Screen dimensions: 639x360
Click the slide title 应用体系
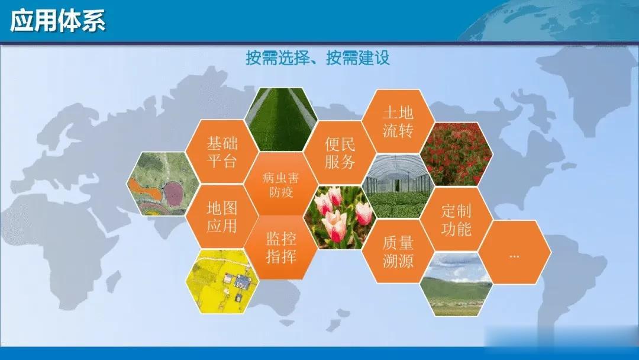(57, 21)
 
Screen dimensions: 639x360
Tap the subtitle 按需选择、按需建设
(318, 58)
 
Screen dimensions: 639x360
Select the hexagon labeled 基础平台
(222, 152)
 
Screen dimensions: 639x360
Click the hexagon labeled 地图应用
(222, 217)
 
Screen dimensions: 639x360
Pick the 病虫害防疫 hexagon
(281, 184)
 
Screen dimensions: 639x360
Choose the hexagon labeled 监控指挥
(281, 247)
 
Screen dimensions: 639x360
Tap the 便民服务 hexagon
(340, 153)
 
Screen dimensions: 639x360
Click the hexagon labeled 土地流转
(398, 121)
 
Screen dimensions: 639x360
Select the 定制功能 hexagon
(456, 219)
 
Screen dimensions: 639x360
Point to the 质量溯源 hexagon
(398, 251)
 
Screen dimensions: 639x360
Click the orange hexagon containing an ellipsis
(514, 252)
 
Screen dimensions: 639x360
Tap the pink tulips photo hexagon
(340, 217)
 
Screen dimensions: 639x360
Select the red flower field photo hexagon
(456, 154)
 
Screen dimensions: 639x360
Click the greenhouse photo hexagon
(398, 186)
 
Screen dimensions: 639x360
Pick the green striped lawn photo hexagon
(281, 120)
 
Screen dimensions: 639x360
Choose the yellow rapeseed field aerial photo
(222, 281)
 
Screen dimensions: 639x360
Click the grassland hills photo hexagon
(456, 284)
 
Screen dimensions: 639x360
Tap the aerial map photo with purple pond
(163, 184)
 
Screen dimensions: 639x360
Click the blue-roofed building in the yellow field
(243, 280)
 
